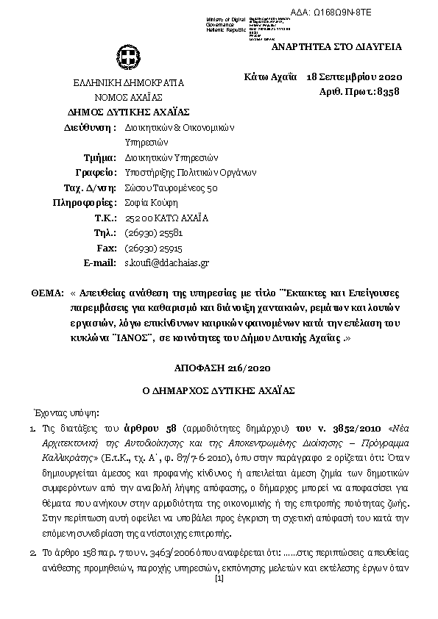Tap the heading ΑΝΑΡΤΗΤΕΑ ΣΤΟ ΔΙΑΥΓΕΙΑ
[x=337, y=46]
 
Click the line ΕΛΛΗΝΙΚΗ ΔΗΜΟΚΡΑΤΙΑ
[x=129, y=83]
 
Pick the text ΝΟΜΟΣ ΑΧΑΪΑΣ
[x=128, y=97]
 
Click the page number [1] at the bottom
[x=219, y=579]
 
